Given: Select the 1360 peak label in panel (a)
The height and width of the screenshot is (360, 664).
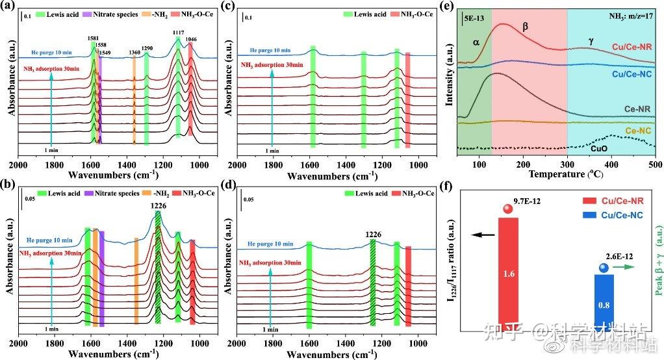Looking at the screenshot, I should tap(134, 52).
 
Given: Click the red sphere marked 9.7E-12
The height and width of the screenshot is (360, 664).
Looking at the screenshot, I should tap(508, 209).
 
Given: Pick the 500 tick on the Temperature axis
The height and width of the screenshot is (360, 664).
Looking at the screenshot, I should tap(655, 164).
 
